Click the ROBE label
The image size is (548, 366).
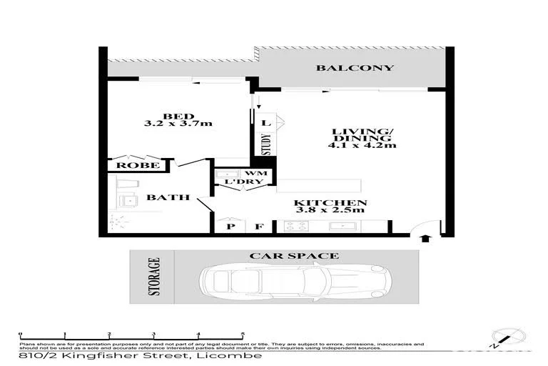[133, 166]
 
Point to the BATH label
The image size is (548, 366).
[168, 197]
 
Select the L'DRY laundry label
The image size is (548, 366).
[240, 183]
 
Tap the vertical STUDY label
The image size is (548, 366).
[266, 144]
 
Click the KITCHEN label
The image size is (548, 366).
[330, 202]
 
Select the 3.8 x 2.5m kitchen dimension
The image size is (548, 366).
[330, 211]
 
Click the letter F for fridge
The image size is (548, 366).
[260, 227]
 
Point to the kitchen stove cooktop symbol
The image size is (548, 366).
[296, 227]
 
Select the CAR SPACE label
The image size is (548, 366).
[293, 255]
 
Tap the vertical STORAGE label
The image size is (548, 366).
[154, 276]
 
